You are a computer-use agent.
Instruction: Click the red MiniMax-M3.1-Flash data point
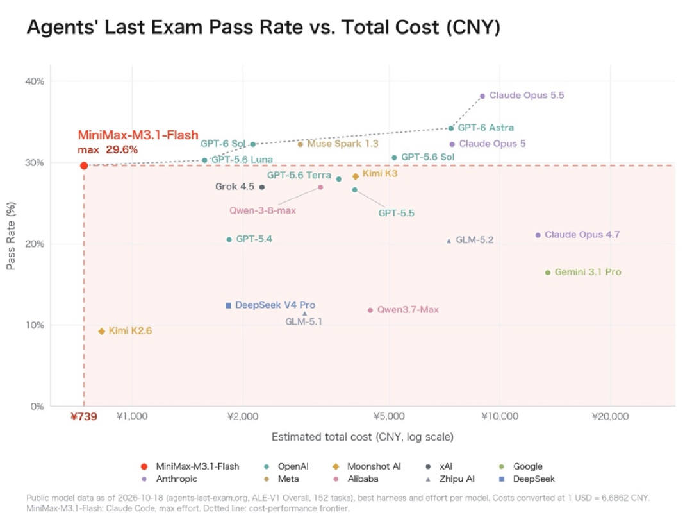point(84,165)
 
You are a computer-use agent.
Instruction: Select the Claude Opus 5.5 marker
point(482,96)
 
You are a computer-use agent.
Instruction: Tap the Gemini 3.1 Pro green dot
point(548,272)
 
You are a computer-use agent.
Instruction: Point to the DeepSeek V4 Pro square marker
point(228,305)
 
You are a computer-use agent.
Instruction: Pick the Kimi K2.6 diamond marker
point(101,331)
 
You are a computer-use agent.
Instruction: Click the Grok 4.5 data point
point(261,187)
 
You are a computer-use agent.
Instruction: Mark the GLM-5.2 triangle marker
point(449,241)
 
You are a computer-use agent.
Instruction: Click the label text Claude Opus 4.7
point(582,235)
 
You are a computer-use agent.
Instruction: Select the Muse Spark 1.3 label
point(342,144)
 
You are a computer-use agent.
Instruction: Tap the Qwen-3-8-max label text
point(263,210)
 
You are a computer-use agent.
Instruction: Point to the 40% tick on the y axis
point(35,81)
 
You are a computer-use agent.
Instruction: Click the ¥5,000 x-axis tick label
point(389,416)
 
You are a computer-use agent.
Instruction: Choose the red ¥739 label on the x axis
point(84,416)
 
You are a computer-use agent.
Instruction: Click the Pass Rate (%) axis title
point(11,235)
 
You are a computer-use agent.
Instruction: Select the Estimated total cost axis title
point(362,437)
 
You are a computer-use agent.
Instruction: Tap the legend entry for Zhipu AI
point(450,479)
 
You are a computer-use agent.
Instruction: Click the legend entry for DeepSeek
point(527,479)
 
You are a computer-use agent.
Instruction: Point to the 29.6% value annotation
point(122,150)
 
